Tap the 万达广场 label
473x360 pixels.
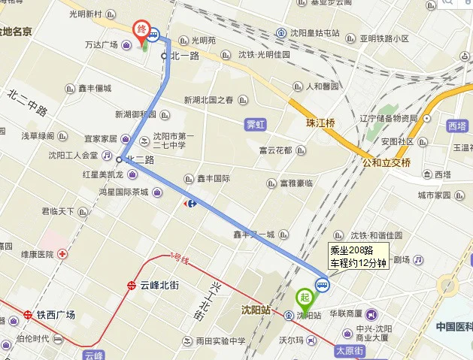pos(102,44)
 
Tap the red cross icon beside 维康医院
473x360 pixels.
pos(62,254)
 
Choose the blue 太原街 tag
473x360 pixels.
pos(349,350)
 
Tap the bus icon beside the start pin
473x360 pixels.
pos(322,284)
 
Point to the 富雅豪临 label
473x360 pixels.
pos(296,183)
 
